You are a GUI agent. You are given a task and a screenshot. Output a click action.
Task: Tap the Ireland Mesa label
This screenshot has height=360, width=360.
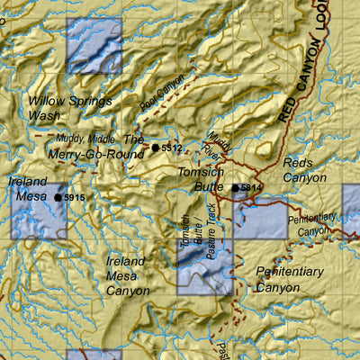coord(27,187)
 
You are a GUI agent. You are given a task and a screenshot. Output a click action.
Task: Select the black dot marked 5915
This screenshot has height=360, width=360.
coord(58,196)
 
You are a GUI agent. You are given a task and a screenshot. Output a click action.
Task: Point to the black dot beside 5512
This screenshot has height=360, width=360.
coord(156,148)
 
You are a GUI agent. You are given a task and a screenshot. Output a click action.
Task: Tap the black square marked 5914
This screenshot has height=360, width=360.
coord(236,188)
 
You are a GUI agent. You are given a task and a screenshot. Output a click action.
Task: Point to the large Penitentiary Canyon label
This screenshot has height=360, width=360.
coord(289,279)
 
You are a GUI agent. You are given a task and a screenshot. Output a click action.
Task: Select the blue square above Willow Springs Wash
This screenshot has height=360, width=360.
coord(94,45)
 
